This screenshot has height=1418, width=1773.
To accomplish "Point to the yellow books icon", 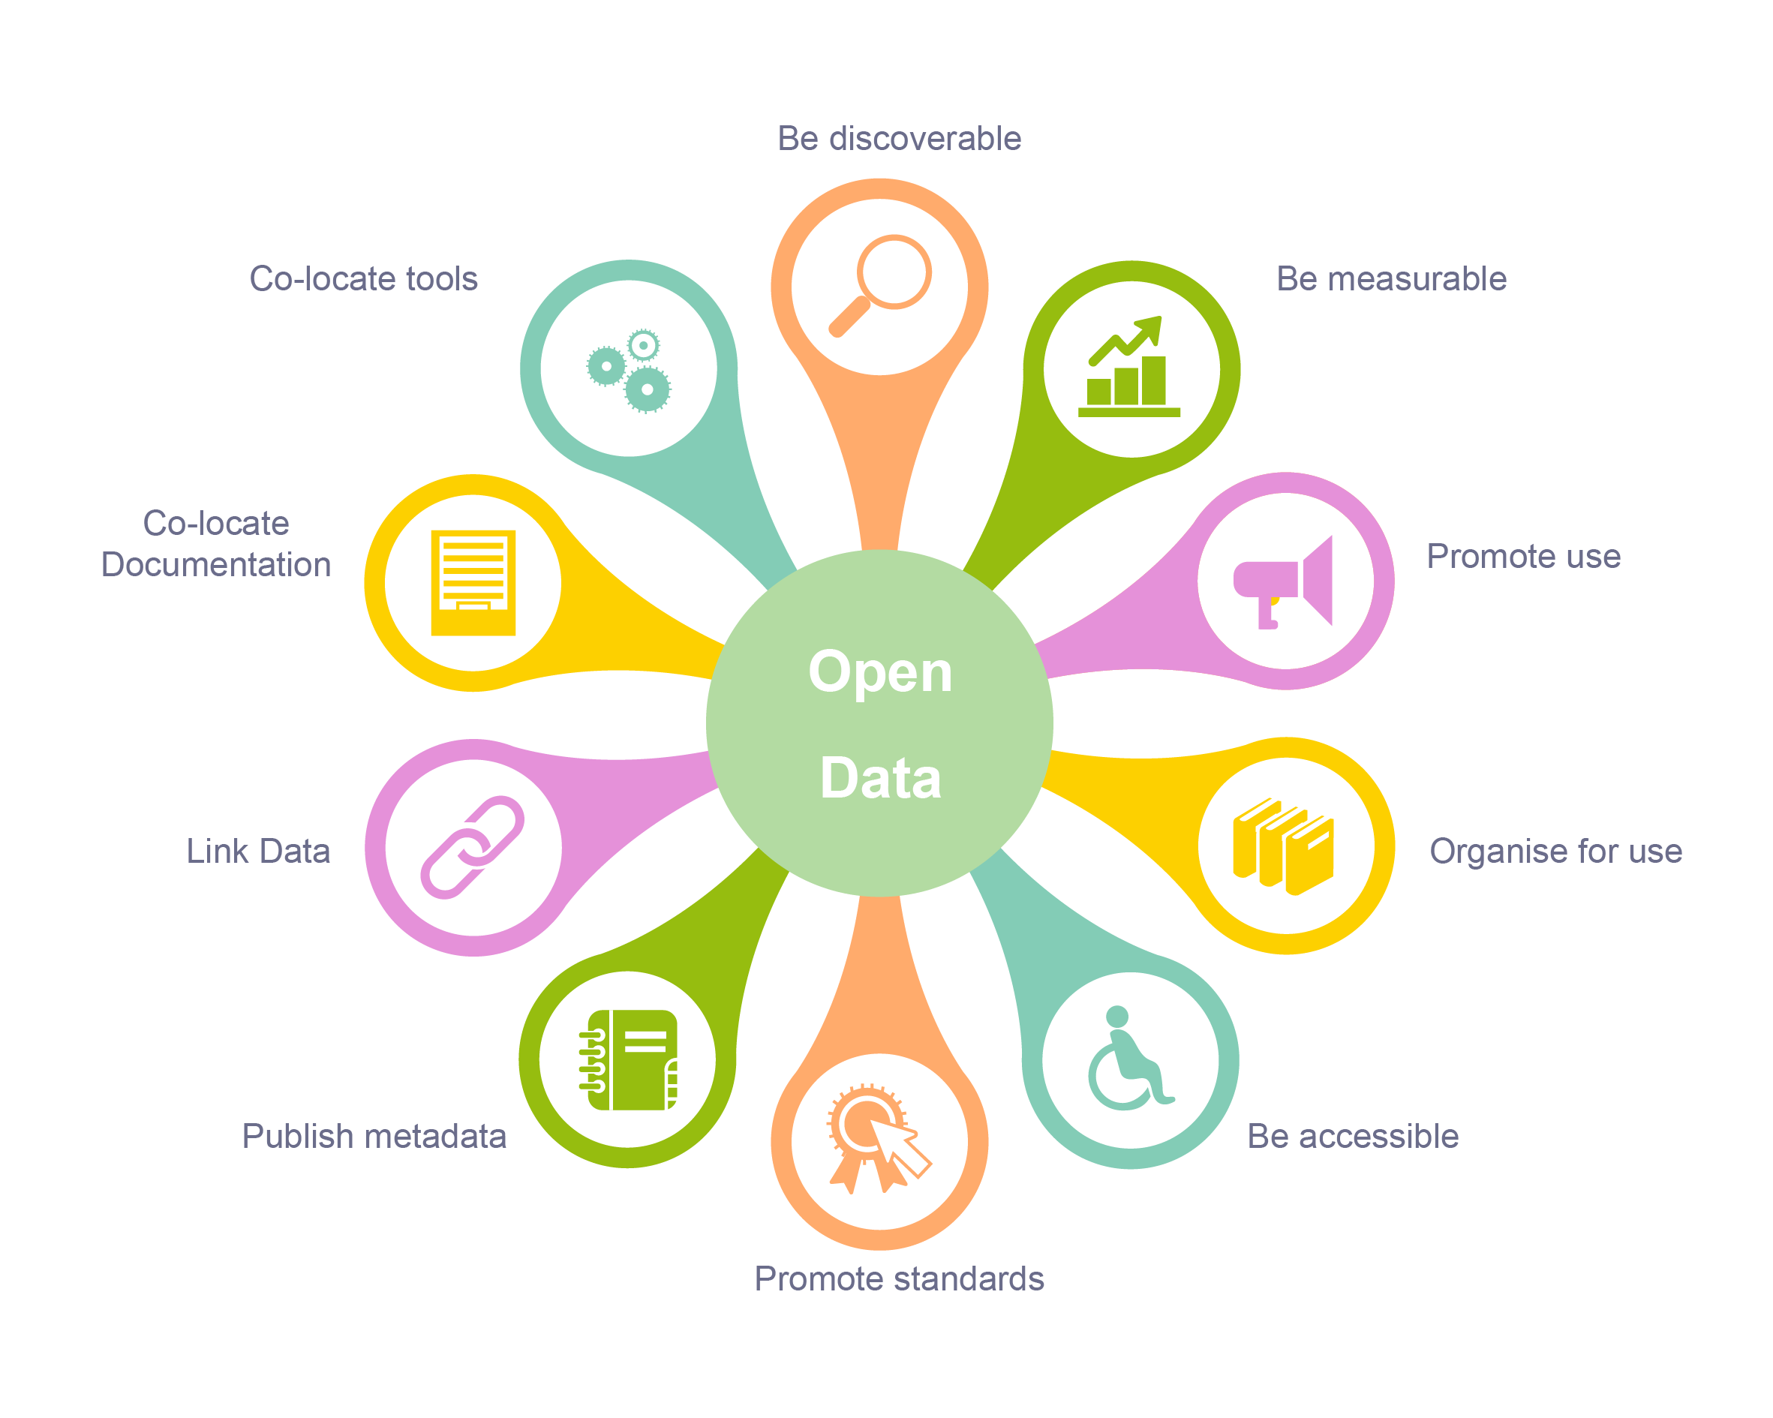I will pyautogui.click(x=1283, y=846).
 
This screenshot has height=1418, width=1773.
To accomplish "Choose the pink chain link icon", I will pyautogui.click(x=472, y=847).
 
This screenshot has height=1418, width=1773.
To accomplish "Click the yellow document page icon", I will pyautogui.click(x=473, y=582).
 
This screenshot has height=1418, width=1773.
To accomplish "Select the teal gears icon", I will pyautogui.click(x=629, y=369).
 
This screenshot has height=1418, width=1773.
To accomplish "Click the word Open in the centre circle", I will pyautogui.click(x=880, y=672).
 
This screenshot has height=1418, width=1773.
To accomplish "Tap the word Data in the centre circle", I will pyautogui.click(x=880, y=778).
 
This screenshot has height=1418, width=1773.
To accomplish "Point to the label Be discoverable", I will pyautogui.click(x=899, y=138).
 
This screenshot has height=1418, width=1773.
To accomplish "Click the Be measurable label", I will pyautogui.click(x=1390, y=279).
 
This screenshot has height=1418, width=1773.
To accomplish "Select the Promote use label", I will pyautogui.click(x=1523, y=556).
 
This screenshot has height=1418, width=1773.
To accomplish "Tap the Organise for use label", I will pyautogui.click(x=1555, y=851).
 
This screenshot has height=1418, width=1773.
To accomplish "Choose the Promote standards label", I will pyautogui.click(x=898, y=1278).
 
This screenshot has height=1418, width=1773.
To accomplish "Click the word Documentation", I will pyautogui.click(x=215, y=564).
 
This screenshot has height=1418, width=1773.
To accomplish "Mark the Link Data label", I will pyautogui.click(x=258, y=851).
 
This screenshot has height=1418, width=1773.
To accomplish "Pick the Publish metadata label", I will pyautogui.click(x=374, y=1136).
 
